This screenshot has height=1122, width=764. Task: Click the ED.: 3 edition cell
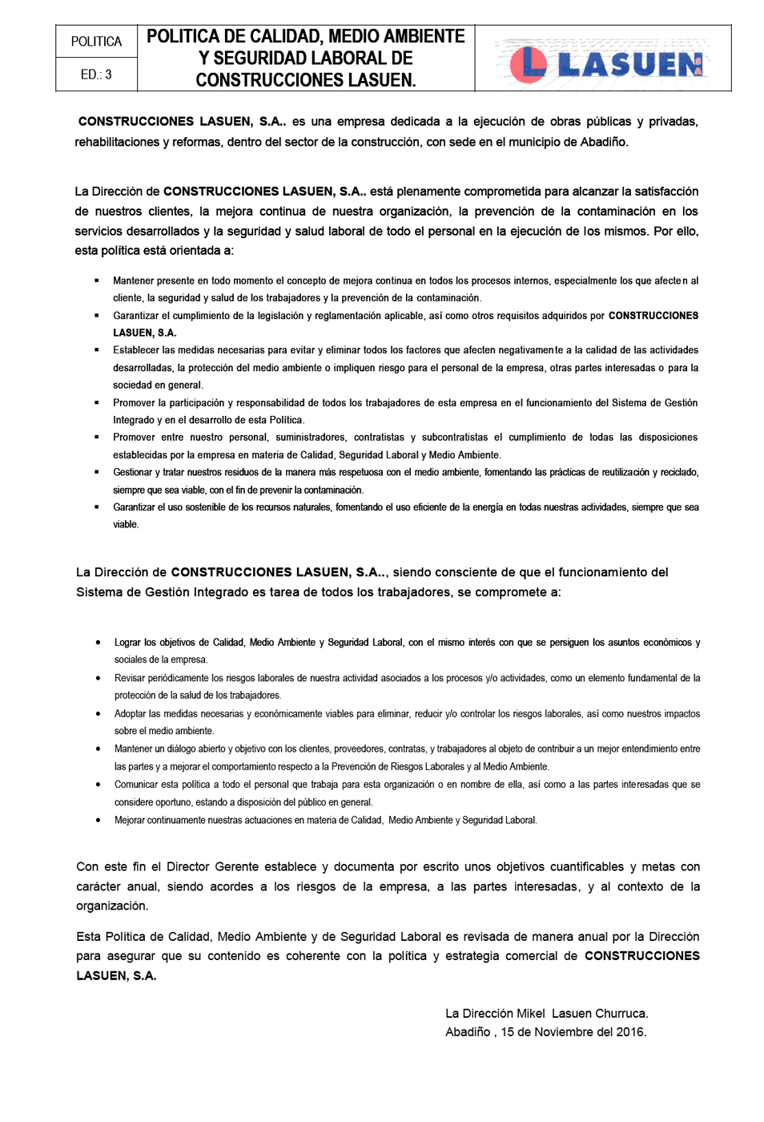click(96, 75)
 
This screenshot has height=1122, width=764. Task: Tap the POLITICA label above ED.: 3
click(96, 42)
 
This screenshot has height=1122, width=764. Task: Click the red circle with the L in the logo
click(528, 64)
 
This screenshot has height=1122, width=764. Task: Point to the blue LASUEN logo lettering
click(629, 65)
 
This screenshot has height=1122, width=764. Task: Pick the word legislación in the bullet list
click(274, 316)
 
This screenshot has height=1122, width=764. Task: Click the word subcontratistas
click(454, 438)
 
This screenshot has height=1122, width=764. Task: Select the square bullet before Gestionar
click(97, 472)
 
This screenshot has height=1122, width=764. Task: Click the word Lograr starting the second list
click(127, 643)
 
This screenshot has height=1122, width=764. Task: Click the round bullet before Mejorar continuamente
click(98, 820)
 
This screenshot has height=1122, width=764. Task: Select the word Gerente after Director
click(236, 867)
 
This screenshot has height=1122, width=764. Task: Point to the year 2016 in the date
click(631, 1032)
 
